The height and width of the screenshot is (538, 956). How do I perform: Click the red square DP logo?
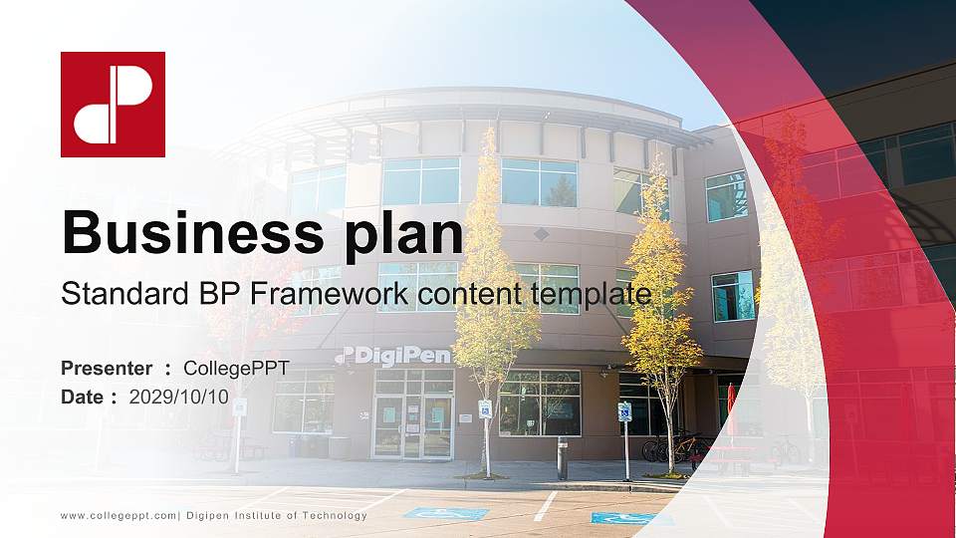[x=113, y=105]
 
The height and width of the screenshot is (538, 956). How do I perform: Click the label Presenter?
[x=107, y=369]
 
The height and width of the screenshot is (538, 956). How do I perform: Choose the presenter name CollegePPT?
[x=236, y=369]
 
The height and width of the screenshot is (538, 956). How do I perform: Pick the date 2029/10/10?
[x=179, y=397]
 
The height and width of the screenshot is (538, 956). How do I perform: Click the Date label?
[x=82, y=397]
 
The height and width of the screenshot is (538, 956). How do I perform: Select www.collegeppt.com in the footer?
[x=119, y=515]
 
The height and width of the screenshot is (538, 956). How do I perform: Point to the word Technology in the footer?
[x=334, y=515]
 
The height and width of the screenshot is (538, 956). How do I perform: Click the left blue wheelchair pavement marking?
[x=445, y=513]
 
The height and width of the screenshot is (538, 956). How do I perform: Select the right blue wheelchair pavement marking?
[x=624, y=518]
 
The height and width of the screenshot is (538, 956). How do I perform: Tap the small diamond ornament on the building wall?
[x=541, y=234]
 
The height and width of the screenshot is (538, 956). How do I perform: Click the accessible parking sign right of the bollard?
[x=625, y=411]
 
